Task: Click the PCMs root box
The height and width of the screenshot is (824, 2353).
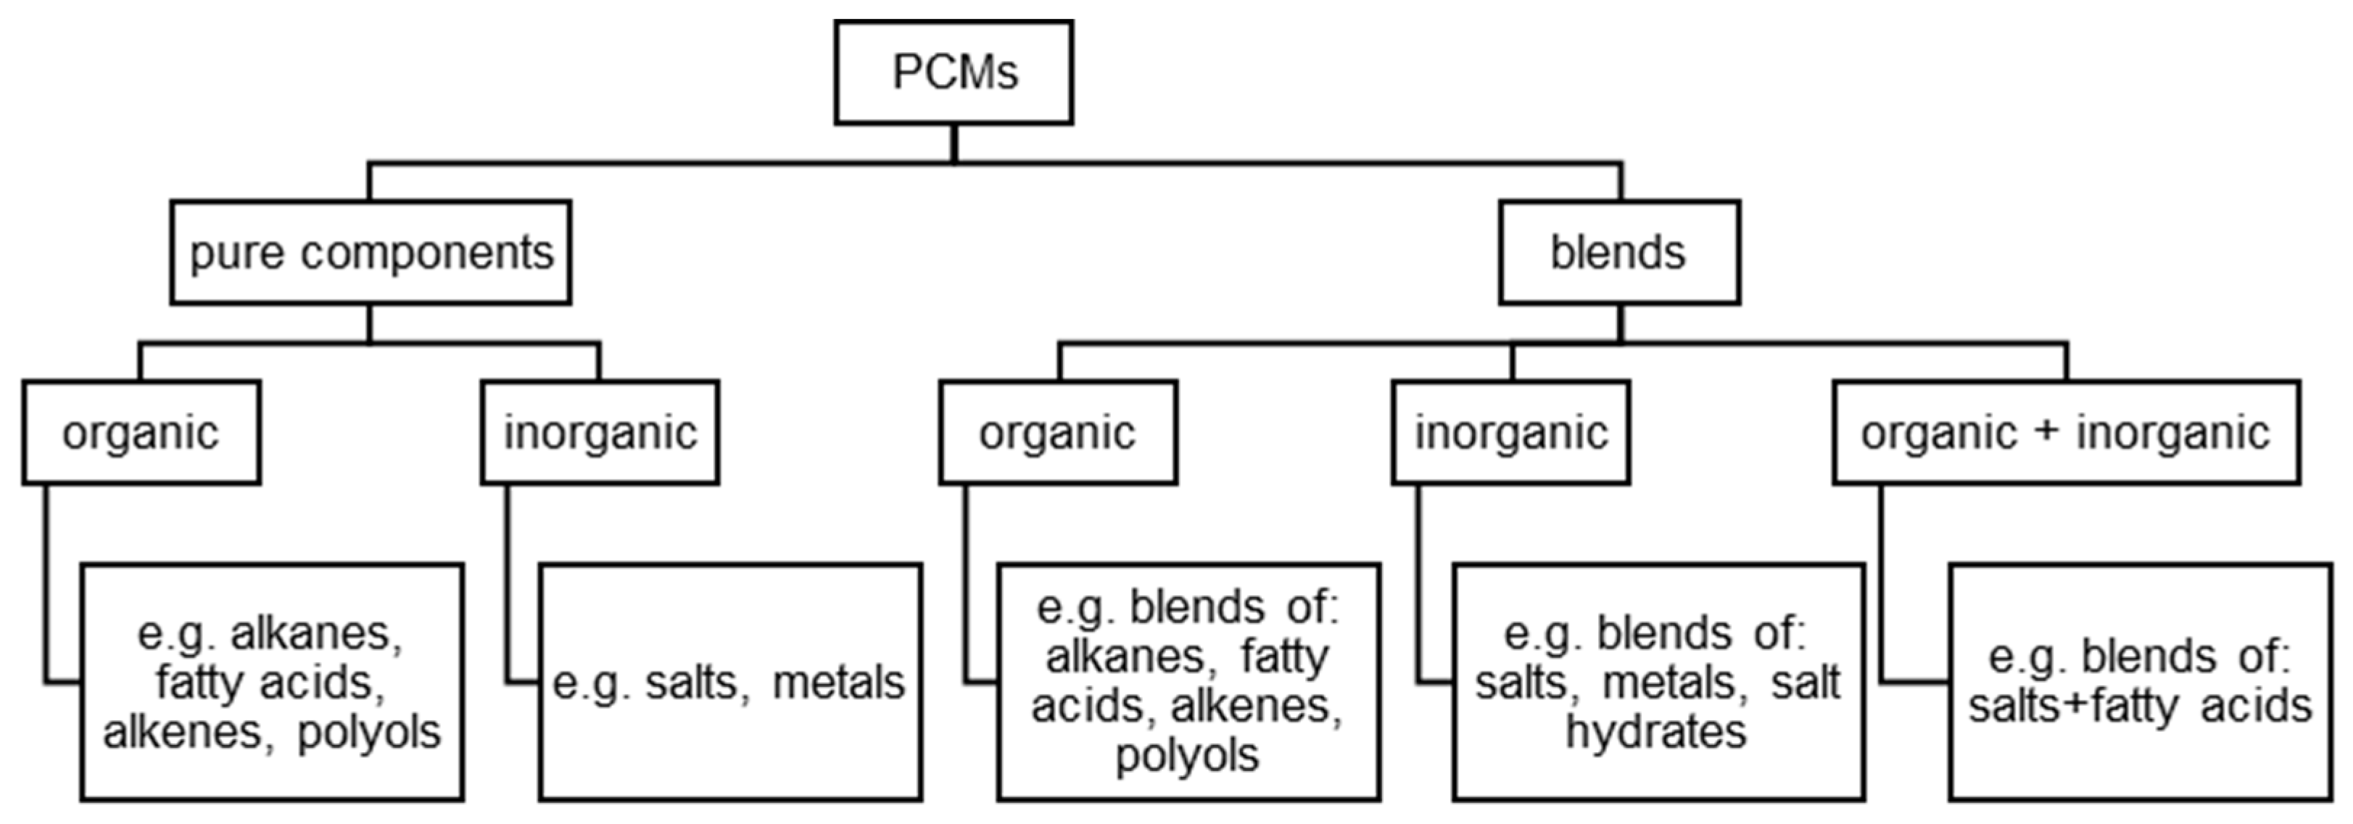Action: pos(954,72)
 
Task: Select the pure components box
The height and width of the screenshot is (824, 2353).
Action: pos(370,252)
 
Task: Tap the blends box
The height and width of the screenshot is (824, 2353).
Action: pos(1618,252)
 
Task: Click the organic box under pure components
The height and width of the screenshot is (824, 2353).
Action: pos(141,432)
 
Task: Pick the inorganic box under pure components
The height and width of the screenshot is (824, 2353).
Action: pos(600,432)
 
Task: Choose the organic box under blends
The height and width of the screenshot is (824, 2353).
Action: pos(1058,432)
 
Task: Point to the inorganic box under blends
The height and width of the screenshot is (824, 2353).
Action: pos(1511,432)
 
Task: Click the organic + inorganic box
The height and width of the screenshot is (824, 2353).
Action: pos(2065,432)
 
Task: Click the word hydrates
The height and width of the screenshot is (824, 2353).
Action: pos(1656,732)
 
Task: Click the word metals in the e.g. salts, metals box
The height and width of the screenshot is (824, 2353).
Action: pos(838,683)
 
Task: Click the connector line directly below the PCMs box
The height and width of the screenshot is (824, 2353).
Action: pos(954,144)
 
